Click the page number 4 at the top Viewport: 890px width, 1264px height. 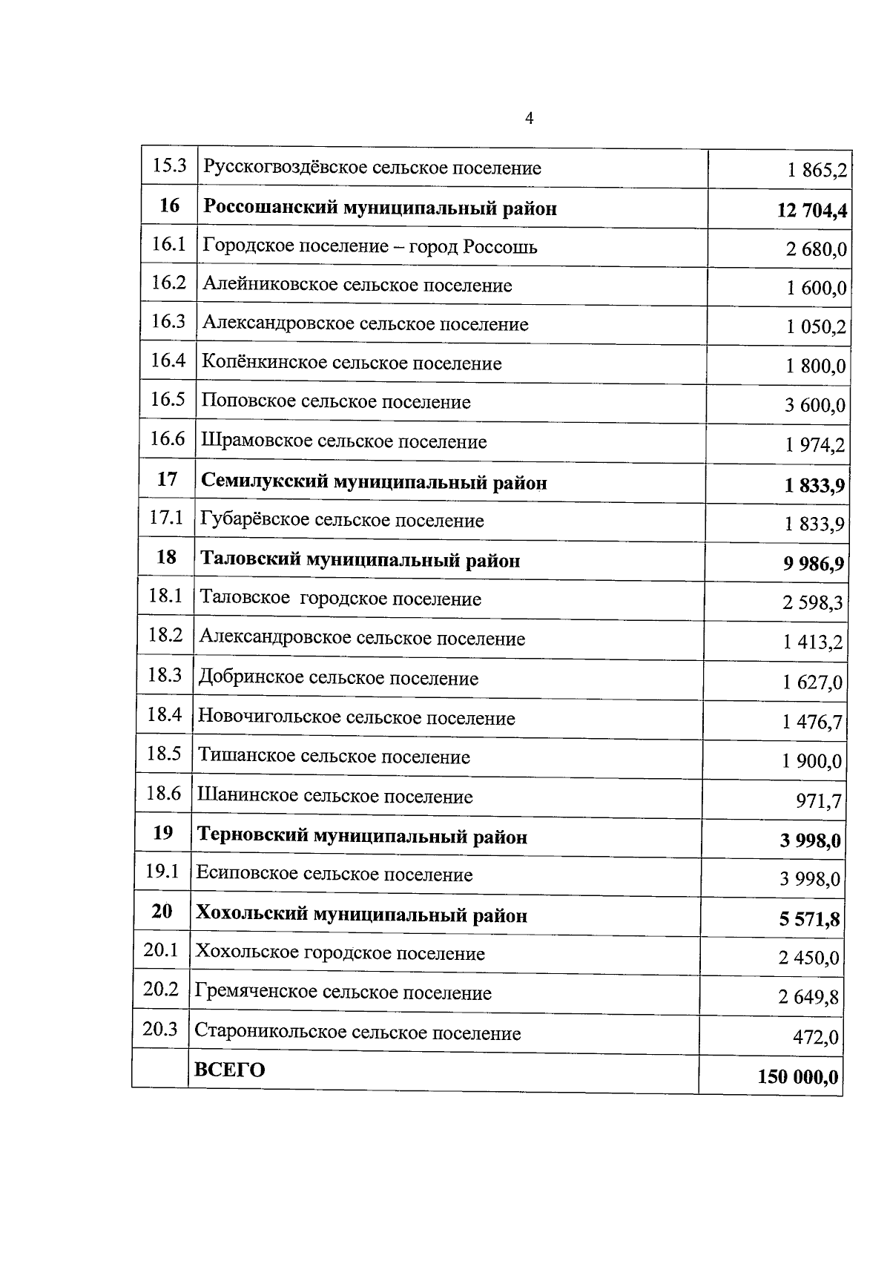(x=529, y=119)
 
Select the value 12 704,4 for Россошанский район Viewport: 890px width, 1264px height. (x=811, y=211)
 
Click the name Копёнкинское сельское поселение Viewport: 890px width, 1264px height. (x=352, y=363)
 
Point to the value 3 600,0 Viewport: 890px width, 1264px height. (x=815, y=405)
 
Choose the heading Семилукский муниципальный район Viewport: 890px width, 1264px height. (x=374, y=483)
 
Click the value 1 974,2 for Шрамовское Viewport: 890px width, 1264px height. (x=815, y=445)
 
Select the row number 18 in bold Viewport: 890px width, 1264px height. (x=166, y=557)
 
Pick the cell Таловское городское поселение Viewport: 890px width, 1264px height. (x=340, y=599)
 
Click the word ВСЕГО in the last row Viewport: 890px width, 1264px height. (x=229, y=1070)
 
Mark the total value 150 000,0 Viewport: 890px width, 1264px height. (x=798, y=1076)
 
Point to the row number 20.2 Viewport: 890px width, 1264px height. (x=161, y=990)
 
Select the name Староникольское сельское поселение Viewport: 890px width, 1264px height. (x=357, y=1033)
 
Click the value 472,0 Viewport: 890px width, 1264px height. (x=816, y=1037)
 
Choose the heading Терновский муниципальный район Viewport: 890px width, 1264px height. (x=361, y=837)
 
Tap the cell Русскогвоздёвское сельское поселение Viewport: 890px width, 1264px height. (x=372, y=168)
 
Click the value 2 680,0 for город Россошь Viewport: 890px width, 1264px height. (x=816, y=249)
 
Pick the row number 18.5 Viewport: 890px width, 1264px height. (x=164, y=754)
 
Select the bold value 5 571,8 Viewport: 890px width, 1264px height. (x=809, y=920)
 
